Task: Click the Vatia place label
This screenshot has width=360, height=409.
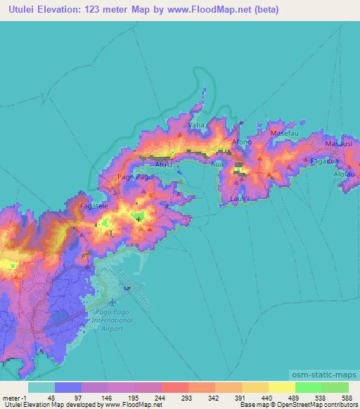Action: coord(198,124)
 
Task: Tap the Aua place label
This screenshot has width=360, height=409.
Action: coord(217,166)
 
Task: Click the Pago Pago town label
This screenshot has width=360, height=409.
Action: coord(134,178)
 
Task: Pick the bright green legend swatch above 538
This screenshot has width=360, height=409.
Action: coord(309,387)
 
